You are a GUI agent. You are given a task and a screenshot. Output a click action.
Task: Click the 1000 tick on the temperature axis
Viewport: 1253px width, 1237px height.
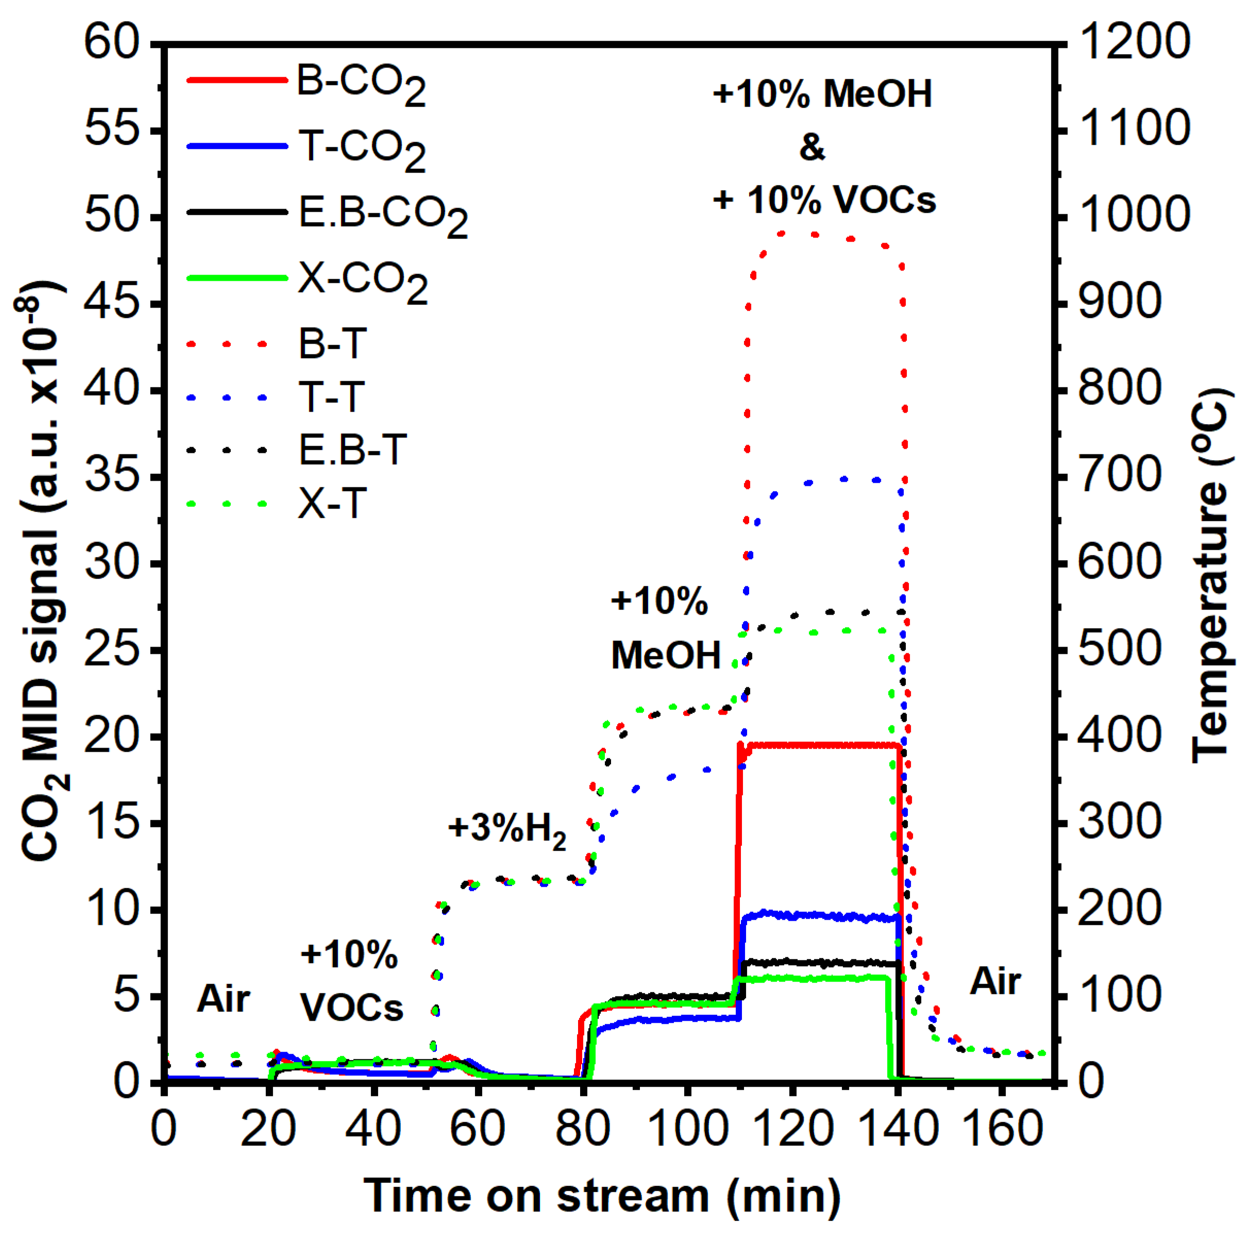tap(1133, 216)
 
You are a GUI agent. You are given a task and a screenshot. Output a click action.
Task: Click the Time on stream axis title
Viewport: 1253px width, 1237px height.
tap(602, 1195)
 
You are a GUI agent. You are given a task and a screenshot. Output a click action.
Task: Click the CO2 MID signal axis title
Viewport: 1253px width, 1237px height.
tap(43, 571)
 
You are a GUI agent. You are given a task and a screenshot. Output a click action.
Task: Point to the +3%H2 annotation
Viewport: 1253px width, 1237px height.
tap(506, 828)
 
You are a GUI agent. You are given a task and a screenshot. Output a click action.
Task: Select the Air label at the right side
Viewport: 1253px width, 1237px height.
tap(995, 981)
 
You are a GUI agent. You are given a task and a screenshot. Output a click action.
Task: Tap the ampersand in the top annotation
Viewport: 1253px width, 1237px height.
tap(812, 147)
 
